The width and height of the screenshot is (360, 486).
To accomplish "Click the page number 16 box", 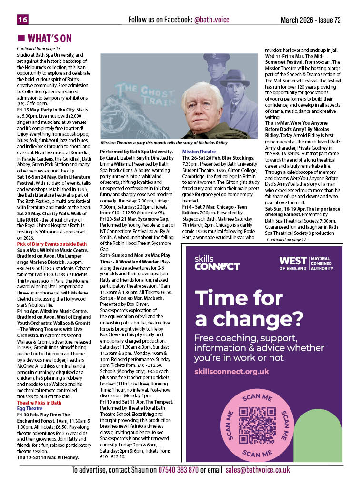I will tap(23, 20).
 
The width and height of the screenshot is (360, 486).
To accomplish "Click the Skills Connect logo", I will tap(217, 263).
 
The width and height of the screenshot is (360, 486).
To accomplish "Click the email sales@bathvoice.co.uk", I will tap(258, 470).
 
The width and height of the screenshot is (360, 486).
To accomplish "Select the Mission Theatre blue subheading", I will tap(196, 152).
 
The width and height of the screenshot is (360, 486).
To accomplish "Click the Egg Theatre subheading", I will tap(30, 408).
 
